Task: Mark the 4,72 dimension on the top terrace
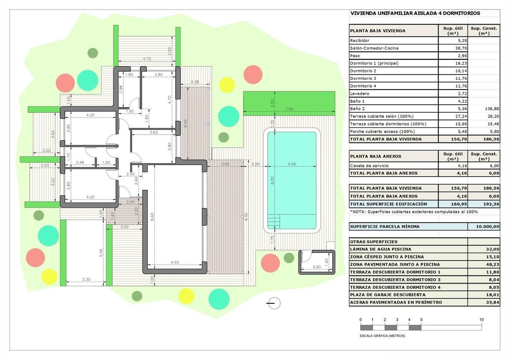146,59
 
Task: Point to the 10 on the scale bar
481,320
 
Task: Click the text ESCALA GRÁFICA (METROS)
382,335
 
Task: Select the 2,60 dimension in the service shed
317,268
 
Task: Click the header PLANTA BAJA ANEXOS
375,156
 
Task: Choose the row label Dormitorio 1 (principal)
374,63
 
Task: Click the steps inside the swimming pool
274,221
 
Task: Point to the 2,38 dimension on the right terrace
195,83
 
